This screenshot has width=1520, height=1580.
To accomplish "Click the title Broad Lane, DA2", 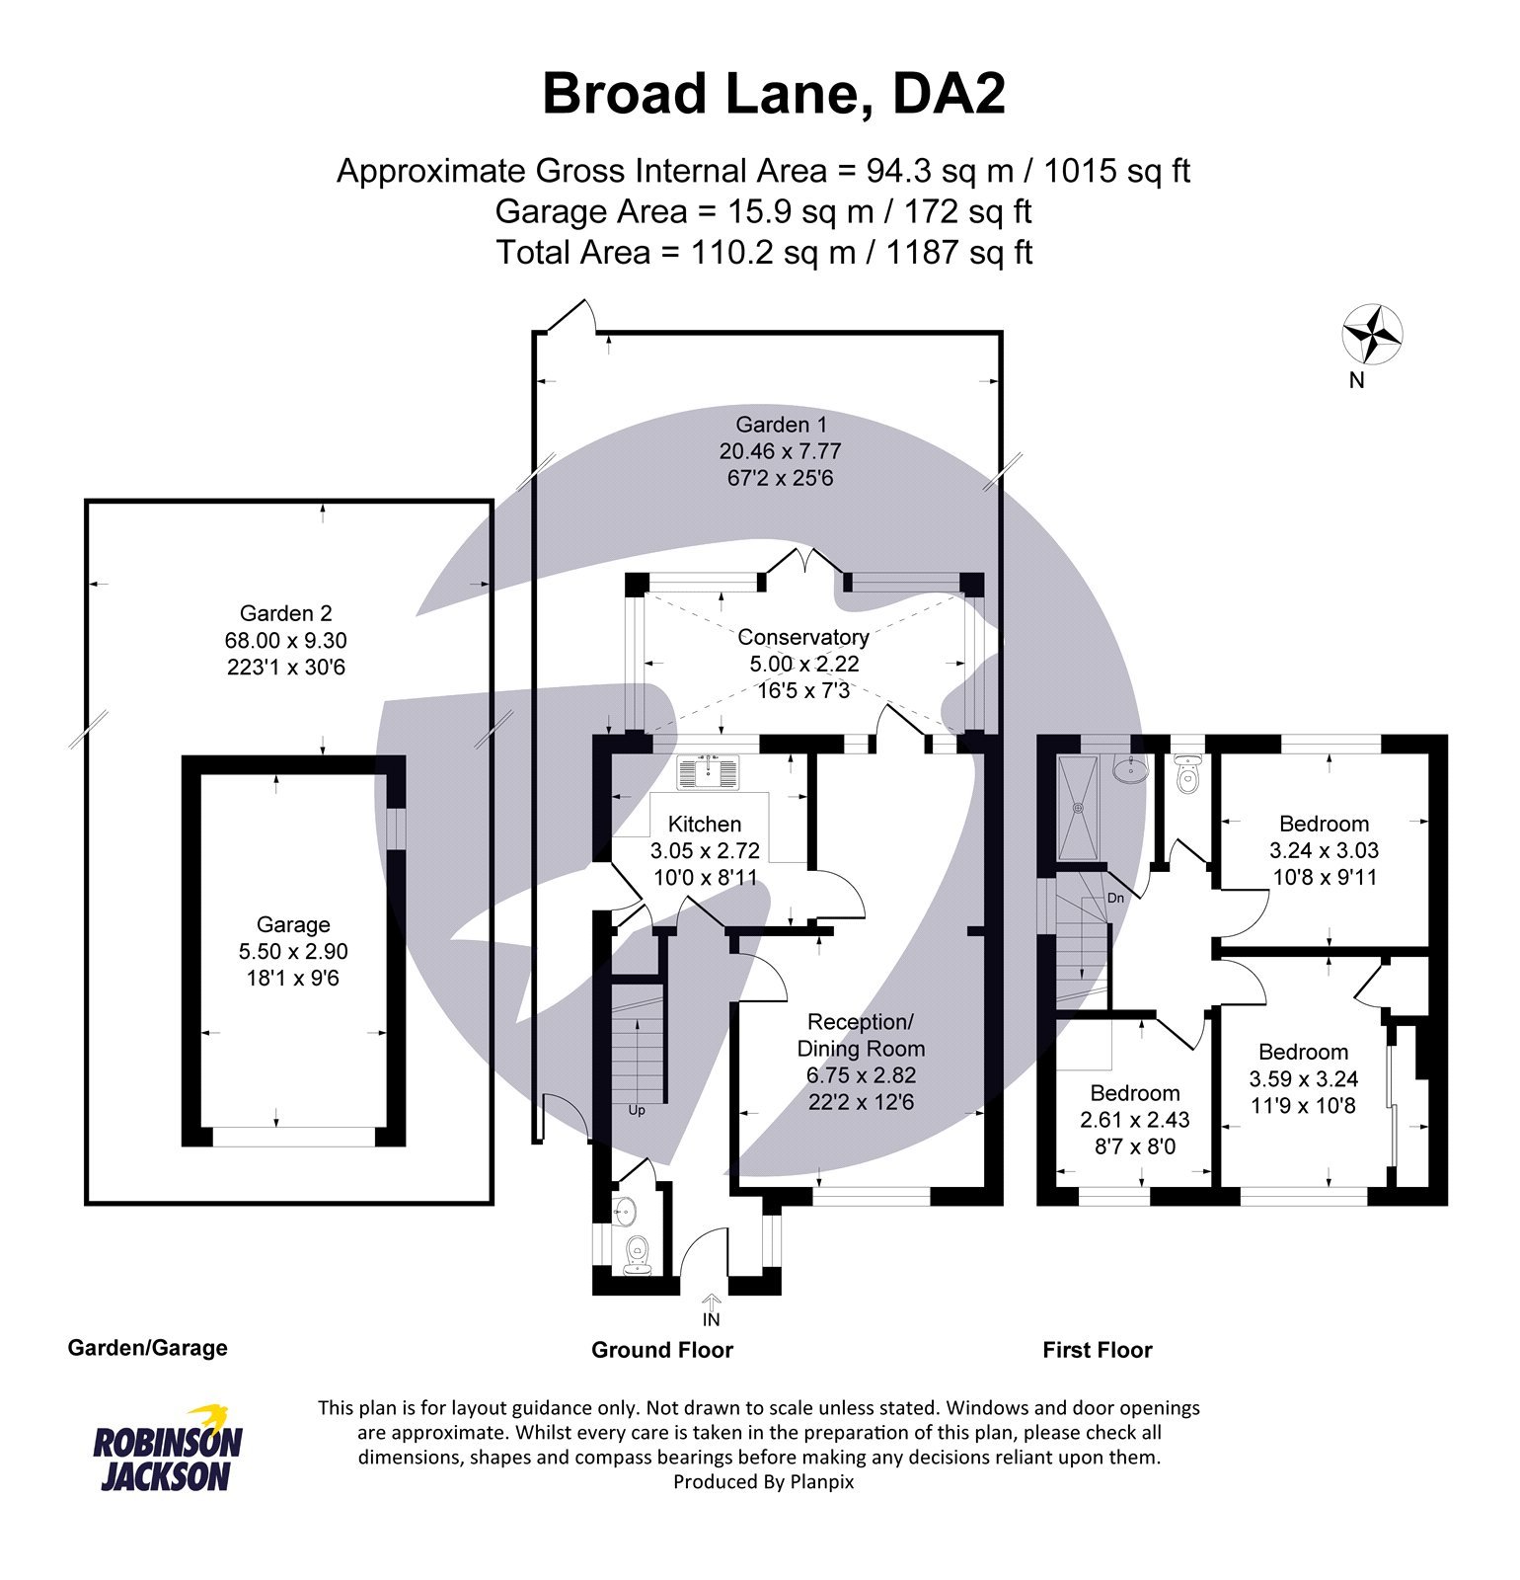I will (x=773, y=95).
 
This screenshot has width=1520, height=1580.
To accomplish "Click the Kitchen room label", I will (x=704, y=824).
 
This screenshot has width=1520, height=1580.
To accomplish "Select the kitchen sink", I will (x=707, y=771).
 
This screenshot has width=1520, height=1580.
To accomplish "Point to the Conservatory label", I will (x=802, y=637).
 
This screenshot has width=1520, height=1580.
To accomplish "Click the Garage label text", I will (x=293, y=924).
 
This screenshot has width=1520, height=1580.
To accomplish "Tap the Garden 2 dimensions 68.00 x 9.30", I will (x=285, y=640).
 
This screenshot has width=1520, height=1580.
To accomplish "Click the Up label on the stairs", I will (x=637, y=1110).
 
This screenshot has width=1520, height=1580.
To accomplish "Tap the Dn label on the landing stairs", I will (x=1115, y=898).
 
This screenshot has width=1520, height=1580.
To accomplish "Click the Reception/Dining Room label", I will (x=861, y=1035).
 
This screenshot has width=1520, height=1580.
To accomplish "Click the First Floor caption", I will (x=1097, y=1350).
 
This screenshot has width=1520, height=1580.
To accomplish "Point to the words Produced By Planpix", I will (x=763, y=1481).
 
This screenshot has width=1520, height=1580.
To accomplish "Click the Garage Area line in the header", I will (x=762, y=211).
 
